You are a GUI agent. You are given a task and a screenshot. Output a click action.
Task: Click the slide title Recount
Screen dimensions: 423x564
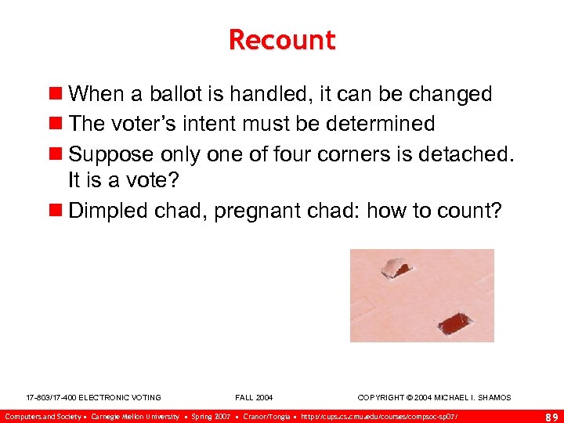282,40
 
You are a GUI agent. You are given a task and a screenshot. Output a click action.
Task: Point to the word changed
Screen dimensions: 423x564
449,95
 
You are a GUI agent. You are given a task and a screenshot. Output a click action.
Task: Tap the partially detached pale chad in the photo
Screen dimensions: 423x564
396,269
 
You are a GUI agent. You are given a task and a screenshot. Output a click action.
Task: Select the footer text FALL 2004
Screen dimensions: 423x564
254,398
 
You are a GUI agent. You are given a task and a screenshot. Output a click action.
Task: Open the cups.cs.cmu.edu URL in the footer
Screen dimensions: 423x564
379,416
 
